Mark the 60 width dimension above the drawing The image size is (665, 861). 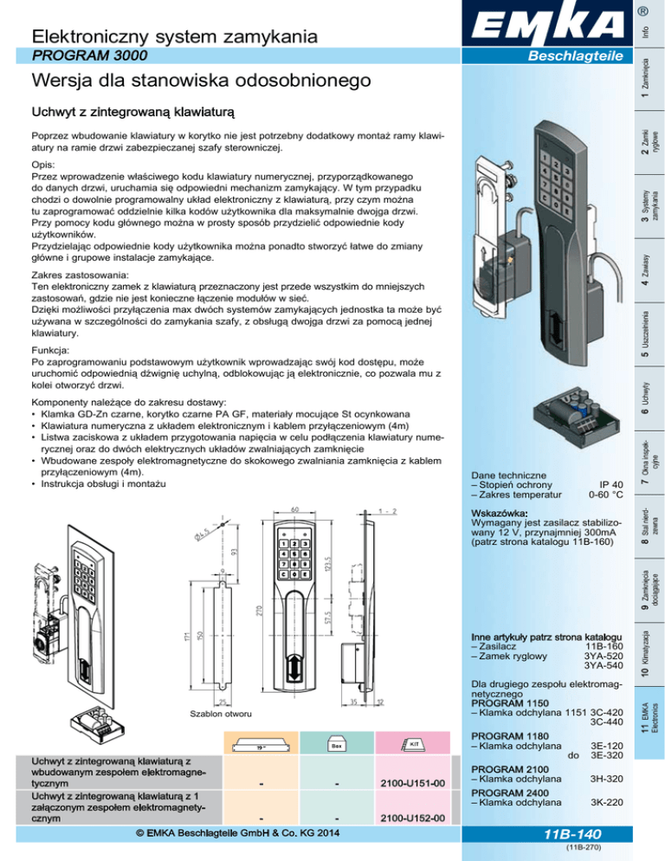[294, 509]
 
